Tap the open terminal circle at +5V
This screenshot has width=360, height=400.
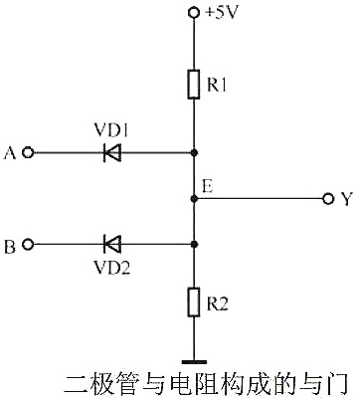(x=194, y=12)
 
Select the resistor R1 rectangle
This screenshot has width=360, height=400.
(x=194, y=85)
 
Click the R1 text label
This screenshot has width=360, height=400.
(x=218, y=86)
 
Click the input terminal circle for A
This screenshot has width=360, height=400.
(x=28, y=153)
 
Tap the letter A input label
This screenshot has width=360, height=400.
(x=10, y=153)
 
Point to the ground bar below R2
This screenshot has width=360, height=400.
(x=194, y=361)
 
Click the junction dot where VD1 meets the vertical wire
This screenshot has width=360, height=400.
(x=194, y=153)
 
